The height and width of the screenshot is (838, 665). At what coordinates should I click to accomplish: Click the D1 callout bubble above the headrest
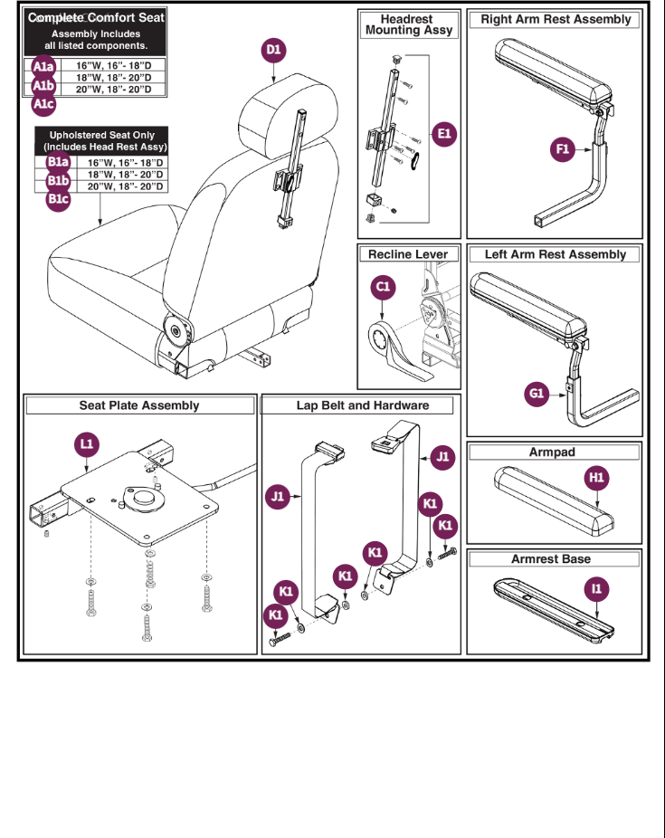[x=274, y=52]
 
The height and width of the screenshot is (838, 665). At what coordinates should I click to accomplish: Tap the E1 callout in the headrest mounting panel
[x=443, y=135]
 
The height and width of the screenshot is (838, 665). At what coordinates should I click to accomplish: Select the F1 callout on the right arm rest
[x=563, y=150]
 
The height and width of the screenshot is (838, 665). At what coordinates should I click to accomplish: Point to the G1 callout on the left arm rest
[x=537, y=394]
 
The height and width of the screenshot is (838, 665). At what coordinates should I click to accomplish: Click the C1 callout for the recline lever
[x=384, y=288]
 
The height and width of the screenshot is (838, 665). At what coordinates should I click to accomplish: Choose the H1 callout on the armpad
[x=596, y=477]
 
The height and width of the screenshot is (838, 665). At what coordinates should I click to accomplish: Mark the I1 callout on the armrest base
[x=596, y=589]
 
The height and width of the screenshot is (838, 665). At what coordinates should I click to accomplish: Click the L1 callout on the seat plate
[x=87, y=444]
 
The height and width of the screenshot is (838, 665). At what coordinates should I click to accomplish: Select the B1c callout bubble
[x=58, y=199]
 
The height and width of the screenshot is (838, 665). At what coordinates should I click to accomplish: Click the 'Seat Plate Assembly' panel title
[x=138, y=405]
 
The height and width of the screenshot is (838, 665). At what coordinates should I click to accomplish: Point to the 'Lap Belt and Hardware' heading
[x=362, y=405]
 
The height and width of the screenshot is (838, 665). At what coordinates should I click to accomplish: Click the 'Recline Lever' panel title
[x=407, y=254]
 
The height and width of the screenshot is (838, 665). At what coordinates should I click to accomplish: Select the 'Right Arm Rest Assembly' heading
[x=556, y=19]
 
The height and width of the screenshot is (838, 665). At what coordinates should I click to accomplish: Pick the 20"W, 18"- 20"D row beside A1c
[x=113, y=90]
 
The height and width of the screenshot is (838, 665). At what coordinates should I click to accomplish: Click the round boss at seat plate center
[x=142, y=497]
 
